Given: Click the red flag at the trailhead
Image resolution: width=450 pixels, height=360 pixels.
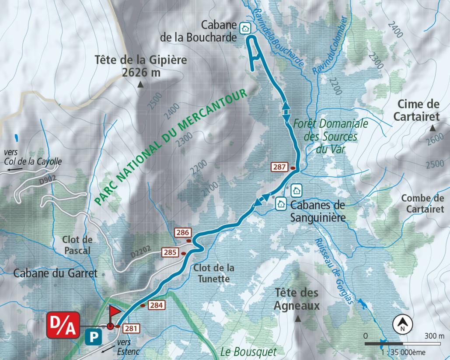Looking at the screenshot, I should tap(115, 312).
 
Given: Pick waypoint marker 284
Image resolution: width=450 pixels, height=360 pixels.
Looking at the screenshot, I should tap(157, 305).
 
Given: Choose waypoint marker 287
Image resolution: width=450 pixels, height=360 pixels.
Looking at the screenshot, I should tap(279, 167).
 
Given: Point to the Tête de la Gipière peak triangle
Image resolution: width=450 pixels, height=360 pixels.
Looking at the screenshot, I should tap(140, 85).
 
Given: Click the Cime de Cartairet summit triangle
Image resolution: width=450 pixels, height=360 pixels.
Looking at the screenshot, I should tap(433, 128).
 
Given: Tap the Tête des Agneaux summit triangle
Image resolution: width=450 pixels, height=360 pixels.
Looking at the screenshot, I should tap(298, 319).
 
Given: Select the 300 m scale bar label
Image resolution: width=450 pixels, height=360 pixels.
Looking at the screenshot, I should tap(434, 336).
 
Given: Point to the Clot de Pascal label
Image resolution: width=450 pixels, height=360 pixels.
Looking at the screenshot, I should tap(77, 245).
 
